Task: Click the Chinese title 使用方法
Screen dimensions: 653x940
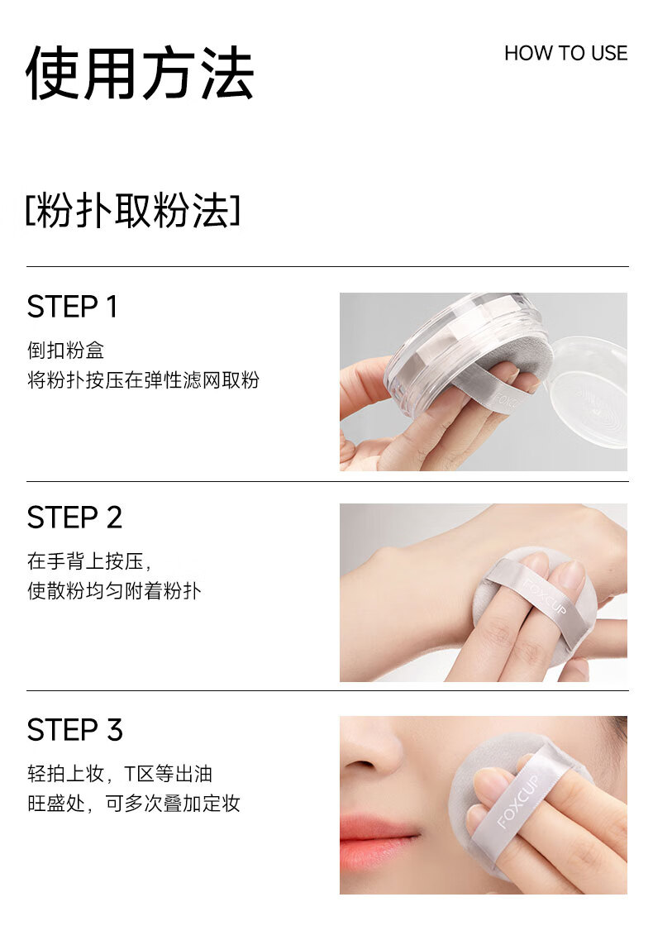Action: tap(140, 73)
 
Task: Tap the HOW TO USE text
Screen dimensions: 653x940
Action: tap(565, 54)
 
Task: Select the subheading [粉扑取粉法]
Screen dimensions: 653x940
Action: tap(132, 211)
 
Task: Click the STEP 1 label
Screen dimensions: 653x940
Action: tap(72, 307)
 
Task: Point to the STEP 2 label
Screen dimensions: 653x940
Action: tap(74, 518)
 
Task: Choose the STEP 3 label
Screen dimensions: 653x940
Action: tap(75, 729)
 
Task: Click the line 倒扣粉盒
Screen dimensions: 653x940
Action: tap(66, 350)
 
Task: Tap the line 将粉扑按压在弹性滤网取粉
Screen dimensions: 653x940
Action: tap(143, 380)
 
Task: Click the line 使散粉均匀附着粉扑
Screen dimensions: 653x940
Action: tap(114, 591)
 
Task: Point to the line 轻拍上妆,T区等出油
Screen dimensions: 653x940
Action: tap(120, 773)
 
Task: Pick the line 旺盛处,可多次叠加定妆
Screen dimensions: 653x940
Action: tap(134, 804)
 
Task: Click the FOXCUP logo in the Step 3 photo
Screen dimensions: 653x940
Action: tap(518, 801)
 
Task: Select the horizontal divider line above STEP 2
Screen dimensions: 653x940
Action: tap(327, 481)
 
